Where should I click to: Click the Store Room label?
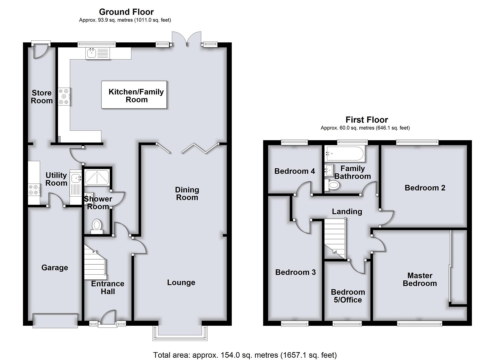click(42, 97)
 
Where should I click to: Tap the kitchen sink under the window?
click(91, 53)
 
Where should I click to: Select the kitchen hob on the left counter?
click(64, 96)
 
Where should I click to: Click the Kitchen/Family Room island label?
click(136, 95)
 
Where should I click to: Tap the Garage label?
click(55, 268)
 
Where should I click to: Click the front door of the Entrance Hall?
click(107, 318)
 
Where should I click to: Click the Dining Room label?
click(187, 194)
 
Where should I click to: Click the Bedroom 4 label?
click(294, 171)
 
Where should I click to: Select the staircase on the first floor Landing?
click(335, 239)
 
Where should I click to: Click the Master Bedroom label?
click(420, 279)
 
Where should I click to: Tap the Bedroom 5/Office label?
click(348, 296)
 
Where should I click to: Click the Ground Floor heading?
click(126, 12)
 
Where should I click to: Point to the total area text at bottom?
click(245, 355)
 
